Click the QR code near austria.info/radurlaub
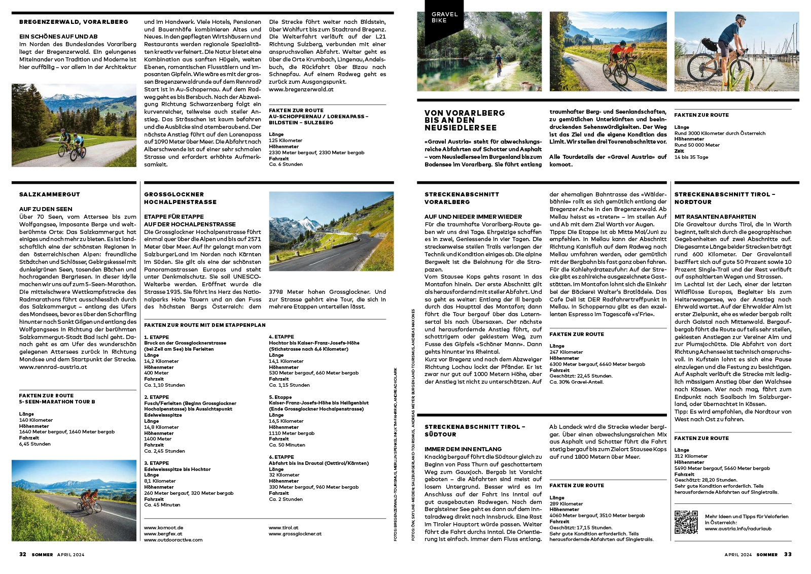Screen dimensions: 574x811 [686, 522]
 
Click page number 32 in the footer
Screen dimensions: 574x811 [23, 554]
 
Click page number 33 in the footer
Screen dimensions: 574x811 [788, 554]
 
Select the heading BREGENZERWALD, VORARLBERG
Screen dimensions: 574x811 [74, 22]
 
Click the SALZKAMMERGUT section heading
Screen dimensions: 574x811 [50, 194]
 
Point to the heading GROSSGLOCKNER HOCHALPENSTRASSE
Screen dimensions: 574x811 [180, 198]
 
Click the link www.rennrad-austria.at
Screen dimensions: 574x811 [53, 367]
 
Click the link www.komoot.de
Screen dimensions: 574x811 [163, 528]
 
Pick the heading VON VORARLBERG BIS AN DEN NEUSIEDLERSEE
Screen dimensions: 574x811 [465, 120]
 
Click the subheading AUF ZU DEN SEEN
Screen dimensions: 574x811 [46, 209]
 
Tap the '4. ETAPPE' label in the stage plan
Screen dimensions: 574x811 [281, 337]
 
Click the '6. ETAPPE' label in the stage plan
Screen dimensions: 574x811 [281, 457]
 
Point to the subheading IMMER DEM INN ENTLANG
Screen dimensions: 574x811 [463, 449]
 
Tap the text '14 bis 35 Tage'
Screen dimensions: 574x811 [691, 157]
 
